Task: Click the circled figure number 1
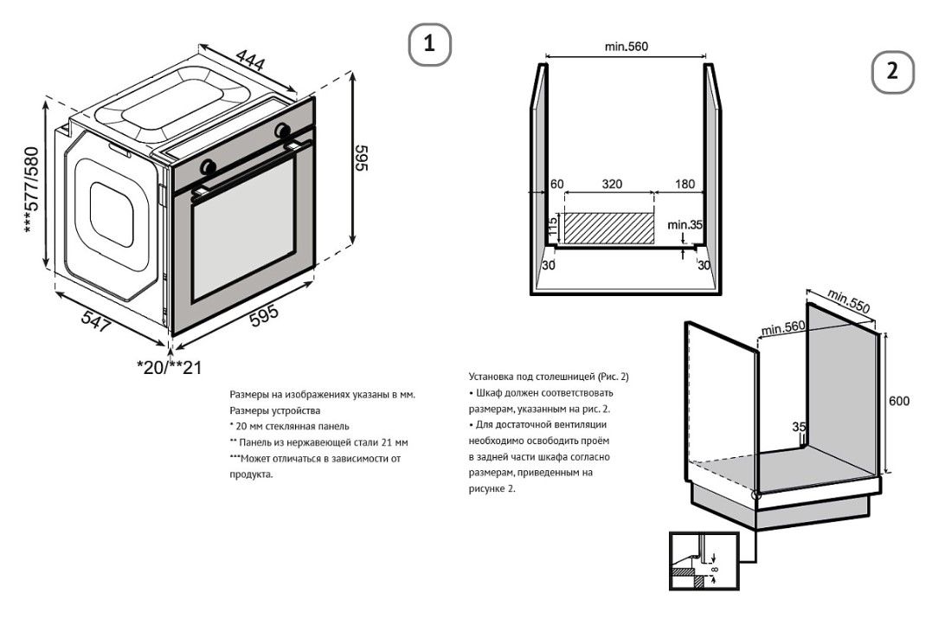(x=429, y=43)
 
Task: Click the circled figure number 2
(x=892, y=73)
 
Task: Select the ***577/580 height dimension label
(x=32, y=190)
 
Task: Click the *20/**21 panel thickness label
(x=170, y=367)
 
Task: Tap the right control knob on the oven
(x=282, y=131)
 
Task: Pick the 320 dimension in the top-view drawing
(x=612, y=184)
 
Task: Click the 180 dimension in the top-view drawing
(x=685, y=184)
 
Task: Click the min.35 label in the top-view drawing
(x=685, y=225)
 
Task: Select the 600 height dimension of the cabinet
(x=900, y=401)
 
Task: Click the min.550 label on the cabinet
(x=848, y=301)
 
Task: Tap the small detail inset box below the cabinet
(x=704, y=561)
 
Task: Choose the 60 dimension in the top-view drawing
(x=556, y=184)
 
